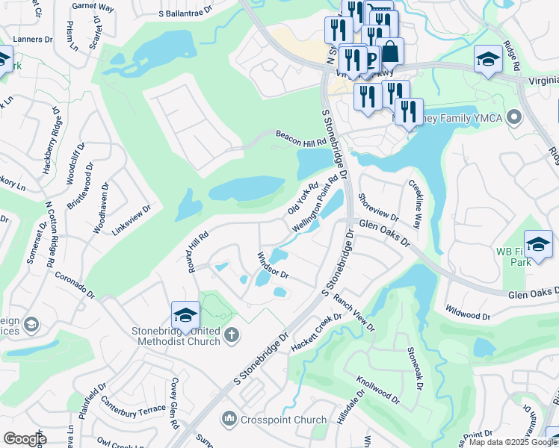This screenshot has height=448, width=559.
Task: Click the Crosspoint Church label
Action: point(284,420)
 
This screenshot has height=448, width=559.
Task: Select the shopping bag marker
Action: point(389,54)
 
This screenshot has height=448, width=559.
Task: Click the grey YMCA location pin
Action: point(513,118)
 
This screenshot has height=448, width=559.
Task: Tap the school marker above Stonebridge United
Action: point(185,317)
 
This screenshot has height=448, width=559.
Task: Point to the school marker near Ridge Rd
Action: point(488,60)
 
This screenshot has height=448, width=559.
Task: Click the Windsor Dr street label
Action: point(273,266)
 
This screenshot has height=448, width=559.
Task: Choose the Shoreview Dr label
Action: point(378,205)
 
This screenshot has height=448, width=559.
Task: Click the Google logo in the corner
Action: point(25,439)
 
